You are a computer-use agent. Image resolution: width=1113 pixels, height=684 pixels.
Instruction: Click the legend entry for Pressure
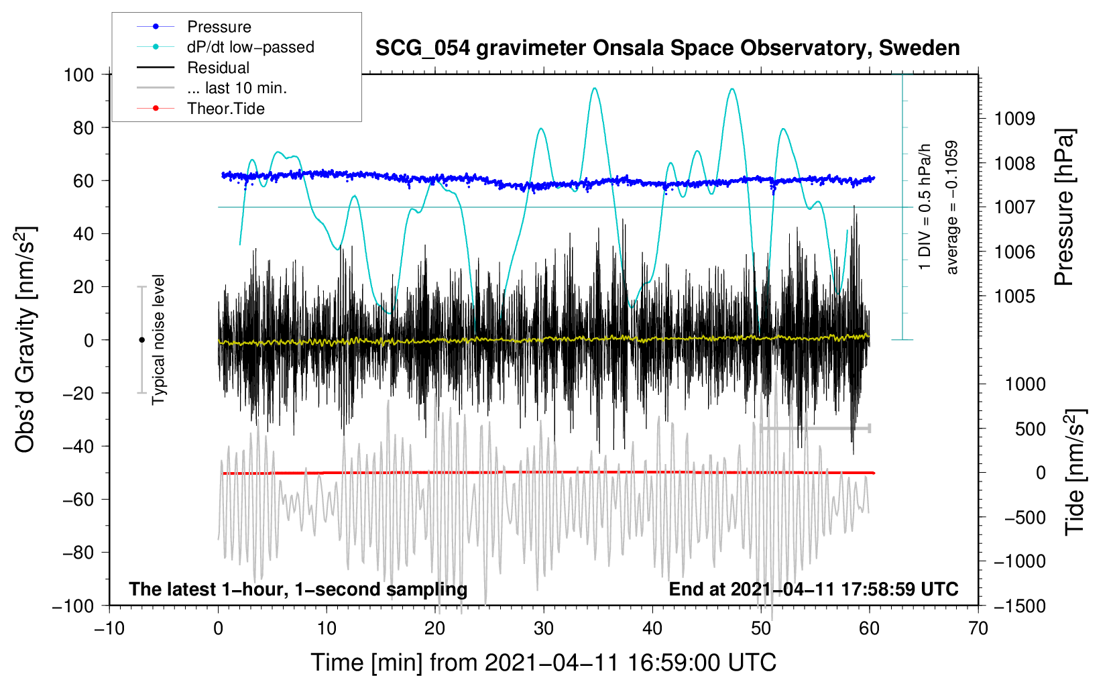194,26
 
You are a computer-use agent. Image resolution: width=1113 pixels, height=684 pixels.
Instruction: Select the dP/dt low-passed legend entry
225,47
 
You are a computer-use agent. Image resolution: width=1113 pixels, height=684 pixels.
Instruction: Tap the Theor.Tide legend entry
200,109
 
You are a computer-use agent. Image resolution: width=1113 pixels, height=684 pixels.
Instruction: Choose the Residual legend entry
193,68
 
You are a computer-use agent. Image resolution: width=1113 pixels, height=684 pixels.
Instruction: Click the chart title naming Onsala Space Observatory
667,48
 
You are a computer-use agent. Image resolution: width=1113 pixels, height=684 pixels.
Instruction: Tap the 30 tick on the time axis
544,628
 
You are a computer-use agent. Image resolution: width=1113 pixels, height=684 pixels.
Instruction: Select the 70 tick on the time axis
978,628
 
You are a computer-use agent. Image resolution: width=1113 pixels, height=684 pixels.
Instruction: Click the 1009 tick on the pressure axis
1014,119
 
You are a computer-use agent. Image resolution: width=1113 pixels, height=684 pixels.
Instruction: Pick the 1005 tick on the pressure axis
1014,296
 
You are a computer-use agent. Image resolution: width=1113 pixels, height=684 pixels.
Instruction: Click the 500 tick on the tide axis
1030,429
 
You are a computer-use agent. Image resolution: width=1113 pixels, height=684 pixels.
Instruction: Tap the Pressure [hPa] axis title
1064,207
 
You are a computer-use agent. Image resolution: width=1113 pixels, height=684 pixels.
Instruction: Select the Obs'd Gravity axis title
25,339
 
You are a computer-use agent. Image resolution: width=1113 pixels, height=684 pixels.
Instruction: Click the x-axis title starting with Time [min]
544,663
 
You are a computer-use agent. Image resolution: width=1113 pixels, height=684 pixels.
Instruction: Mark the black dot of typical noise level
141,340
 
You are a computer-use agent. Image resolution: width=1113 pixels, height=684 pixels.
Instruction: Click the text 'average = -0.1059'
951,207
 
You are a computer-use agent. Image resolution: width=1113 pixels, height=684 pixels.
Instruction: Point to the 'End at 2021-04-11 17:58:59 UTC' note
813,589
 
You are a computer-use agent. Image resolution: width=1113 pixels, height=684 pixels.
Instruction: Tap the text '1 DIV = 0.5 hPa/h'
924,207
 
